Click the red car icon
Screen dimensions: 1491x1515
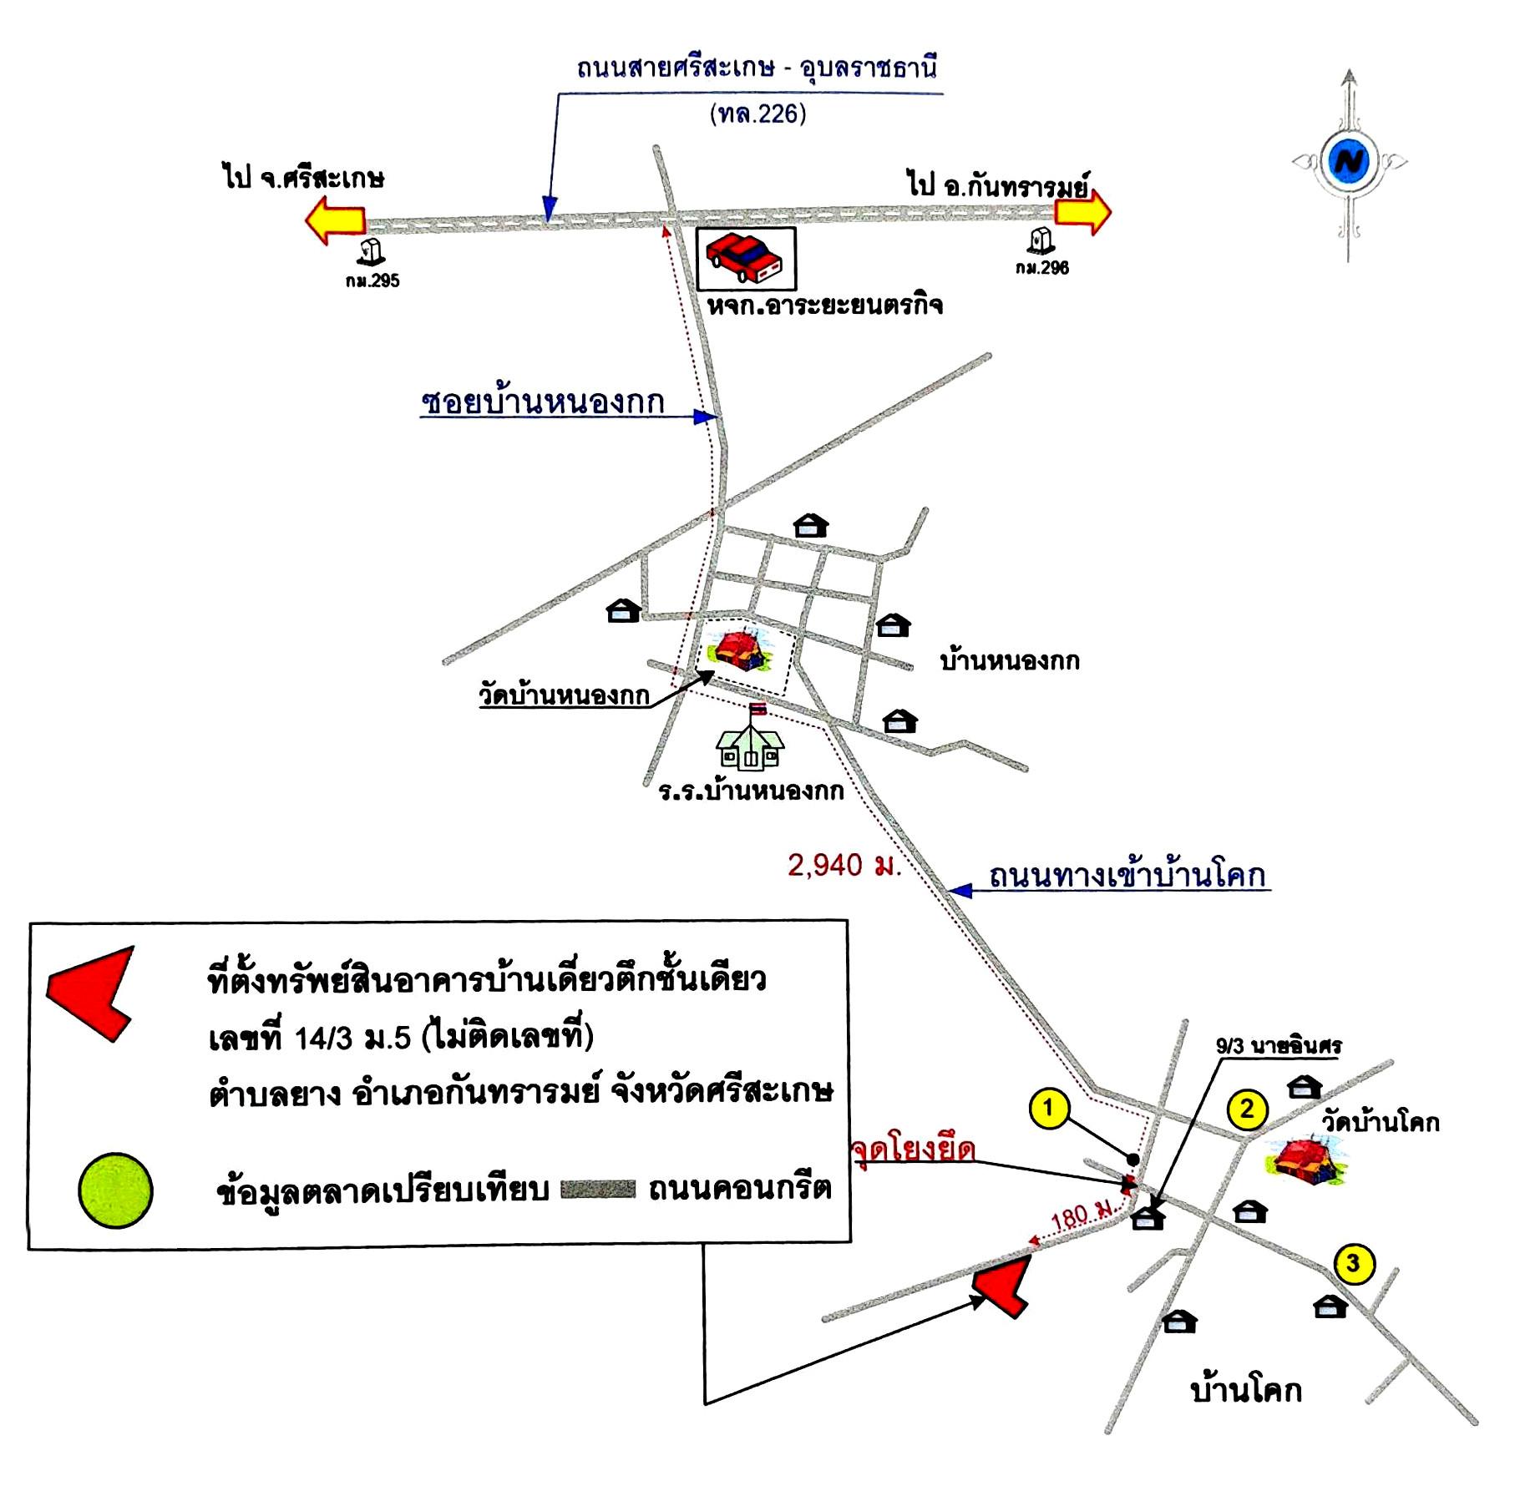744,258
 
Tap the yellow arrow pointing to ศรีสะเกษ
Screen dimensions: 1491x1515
336,220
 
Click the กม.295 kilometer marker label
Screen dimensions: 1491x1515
372,281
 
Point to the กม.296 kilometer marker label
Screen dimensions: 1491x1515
1042,268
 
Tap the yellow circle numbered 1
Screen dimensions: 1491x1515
1049,1109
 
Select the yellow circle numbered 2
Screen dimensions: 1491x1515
1247,1109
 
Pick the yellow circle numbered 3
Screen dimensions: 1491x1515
1353,1264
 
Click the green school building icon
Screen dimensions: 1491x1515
750,745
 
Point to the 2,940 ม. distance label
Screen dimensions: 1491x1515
844,865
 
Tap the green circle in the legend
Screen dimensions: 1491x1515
115,1190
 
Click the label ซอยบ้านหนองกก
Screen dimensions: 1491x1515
543,402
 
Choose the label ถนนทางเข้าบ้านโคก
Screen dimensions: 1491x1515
1127,875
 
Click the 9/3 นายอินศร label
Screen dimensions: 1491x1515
1279,1045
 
